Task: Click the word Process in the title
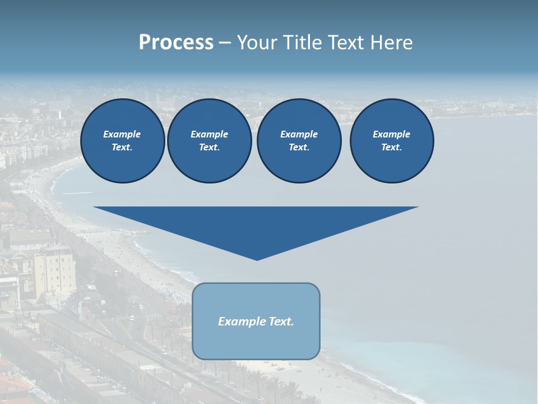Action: tap(176, 43)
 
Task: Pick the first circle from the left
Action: tap(122, 141)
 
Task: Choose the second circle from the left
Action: tap(209, 141)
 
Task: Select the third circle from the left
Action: tap(299, 141)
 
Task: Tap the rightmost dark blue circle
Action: tap(391, 141)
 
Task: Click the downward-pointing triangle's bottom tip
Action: tap(257, 259)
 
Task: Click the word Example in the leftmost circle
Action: tap(122, 134)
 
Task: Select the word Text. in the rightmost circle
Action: tap(391, 148)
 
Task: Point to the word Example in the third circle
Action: tap(299, 134)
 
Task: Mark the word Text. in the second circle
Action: tap(209, 148)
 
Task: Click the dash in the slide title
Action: tap(225, 43)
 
